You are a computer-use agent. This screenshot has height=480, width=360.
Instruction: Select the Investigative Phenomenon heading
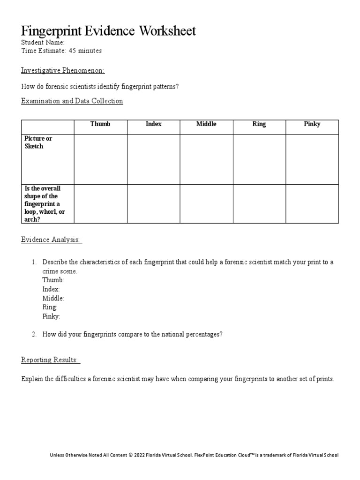(63, 70)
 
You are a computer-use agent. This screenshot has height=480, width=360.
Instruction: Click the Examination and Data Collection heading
(72, 101)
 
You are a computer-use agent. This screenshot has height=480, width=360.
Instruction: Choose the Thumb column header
(100, 124)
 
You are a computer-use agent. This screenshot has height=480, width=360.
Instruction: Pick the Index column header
(153, 124)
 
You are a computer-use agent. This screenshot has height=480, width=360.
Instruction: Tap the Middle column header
(206, 124)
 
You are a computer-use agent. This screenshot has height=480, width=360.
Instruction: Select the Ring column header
(259, 124)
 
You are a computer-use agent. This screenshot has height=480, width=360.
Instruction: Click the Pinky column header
(312, 124)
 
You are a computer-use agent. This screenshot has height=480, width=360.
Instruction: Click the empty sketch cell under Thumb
(100, 159)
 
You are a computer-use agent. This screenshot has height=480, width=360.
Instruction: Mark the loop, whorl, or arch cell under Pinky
(312, 204)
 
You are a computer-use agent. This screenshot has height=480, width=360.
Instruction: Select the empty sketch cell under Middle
(206, 159)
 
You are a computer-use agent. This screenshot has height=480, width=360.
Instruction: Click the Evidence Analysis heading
(52, 240)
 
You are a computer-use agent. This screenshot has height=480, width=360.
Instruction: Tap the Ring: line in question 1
(50, 307)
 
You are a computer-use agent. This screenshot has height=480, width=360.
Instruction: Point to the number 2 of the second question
(34, 335)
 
